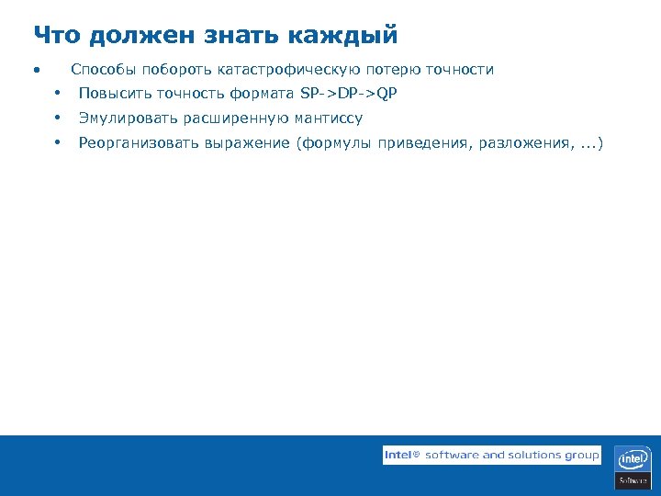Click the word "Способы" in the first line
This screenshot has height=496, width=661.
pyautogui.click(x=104, y=70)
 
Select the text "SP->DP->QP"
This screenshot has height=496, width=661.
pyautogui.click(x=349, y=94)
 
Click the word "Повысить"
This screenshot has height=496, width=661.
pyautogui.click(x=115, y=94)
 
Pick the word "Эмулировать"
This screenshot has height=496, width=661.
pyautogui.click(x=128, y=118)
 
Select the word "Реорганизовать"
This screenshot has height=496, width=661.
pyautogui.click(x=138, y=143)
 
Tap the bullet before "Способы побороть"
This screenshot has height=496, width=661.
pyautogui.click(x=35, y=71)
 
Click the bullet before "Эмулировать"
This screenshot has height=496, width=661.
pyautogui.click(x=57, y=118)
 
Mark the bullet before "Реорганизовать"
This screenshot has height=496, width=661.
pyautogui.click(x=57, y=143)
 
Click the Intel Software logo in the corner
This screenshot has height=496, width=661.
pyautogui.click(x=633, y=466)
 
